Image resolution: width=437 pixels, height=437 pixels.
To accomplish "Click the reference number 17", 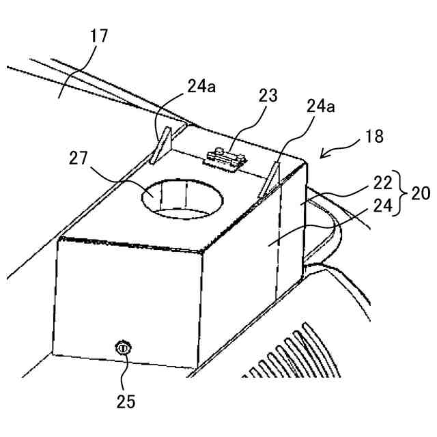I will pyautogui.click(x=99, y=36).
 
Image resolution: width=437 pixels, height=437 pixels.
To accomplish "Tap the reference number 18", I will pyautogui.click(x=374, y=137).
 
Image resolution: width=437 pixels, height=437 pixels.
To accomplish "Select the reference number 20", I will pyautogui.click(x=421, y=193).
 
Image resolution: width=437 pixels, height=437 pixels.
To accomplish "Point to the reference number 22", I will pyautogui.click(x=382, y=182).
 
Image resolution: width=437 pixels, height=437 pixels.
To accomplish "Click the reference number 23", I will pyautogui.click(x=268, y=96).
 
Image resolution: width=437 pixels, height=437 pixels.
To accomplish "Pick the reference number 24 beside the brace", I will pyautogui.click(x=382, y=206).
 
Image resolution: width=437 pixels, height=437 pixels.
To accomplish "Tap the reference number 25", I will pyautogui.click(x=125, y=401).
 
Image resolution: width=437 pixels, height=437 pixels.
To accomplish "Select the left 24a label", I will pyautogui.click(x=202, y=87).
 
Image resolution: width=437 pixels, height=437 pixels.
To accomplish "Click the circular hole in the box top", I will pyautogui.click(x=182, y=199).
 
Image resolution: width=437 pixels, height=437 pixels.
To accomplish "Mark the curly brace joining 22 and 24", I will pyautogui.click(x=403, y=194).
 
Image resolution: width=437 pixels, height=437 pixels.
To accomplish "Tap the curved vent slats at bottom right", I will pyautogui.click(x=300, y=355).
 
